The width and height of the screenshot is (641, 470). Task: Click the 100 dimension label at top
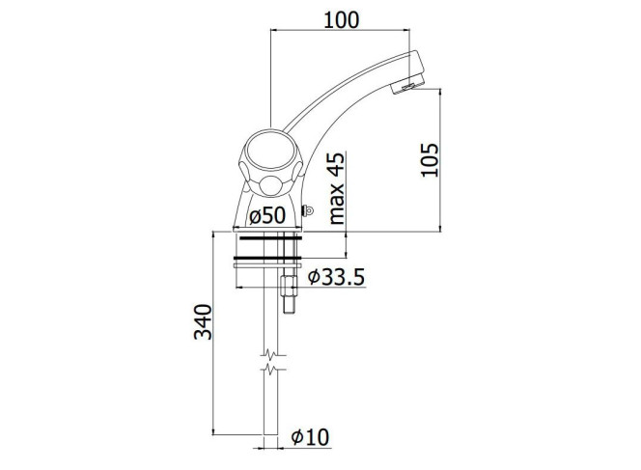(342, 20)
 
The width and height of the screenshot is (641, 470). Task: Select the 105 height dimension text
(430, 160)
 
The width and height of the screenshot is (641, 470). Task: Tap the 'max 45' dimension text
(337, 188)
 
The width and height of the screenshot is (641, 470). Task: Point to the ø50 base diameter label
(267, 215)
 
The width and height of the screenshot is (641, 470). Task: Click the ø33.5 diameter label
(336, 277)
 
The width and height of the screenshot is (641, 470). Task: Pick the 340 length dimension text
(203, 322)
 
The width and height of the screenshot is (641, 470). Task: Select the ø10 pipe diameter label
(310, 437)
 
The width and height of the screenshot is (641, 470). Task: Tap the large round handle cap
(271, 152)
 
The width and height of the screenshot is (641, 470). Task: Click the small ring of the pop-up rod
(309, 211)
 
